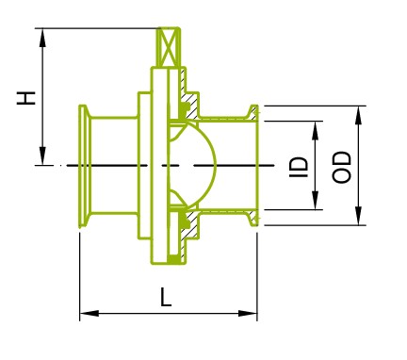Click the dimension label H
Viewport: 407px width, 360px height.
(26, 98)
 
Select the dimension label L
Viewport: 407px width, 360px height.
(166, 297)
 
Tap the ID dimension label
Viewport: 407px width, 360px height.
(299, 167)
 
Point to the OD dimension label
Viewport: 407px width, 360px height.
(341, 167)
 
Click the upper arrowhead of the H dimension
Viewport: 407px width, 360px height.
(42, 38)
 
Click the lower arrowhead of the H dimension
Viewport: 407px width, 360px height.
(42, 155)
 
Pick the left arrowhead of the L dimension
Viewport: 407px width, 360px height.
(90, 313)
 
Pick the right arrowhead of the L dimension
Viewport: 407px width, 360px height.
(248, 313)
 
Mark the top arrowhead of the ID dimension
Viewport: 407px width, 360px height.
(316, 130)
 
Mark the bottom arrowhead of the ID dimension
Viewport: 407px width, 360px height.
(316, 200)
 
